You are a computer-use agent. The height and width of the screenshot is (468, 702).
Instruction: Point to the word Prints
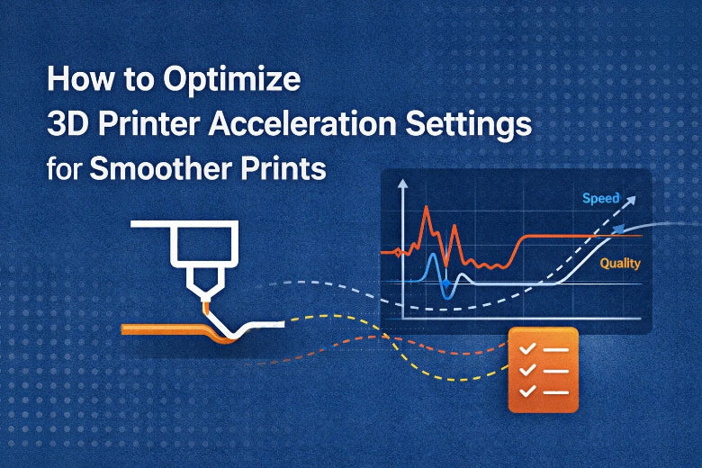tap(281, 167)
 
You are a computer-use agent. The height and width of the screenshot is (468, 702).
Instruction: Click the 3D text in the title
tap(67, 124)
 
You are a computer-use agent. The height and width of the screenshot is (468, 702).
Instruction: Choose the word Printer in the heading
tap(139, 124)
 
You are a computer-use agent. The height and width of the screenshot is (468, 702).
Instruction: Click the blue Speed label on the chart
tap(599, 198)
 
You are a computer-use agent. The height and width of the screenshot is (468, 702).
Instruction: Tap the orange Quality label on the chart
tap(619, 264)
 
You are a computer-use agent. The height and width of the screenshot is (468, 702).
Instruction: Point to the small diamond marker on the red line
tap(399, 253)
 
